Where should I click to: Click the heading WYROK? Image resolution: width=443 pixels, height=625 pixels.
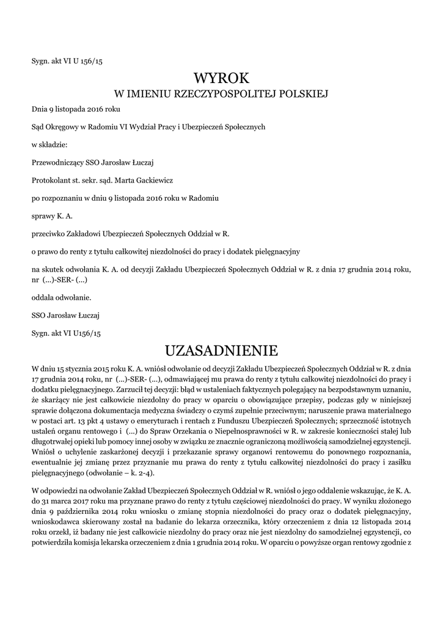click(x=221, y=78)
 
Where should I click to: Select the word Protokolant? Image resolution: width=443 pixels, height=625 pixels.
click(x=51, y=181)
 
